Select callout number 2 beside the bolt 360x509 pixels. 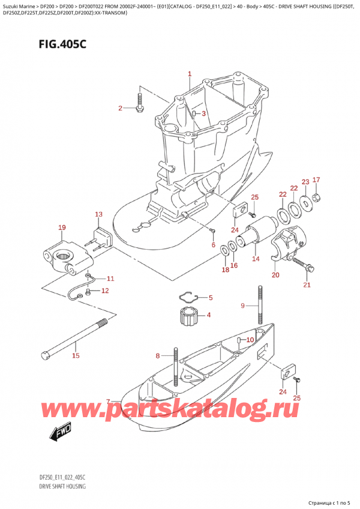pyautogui.click(x=120, y=108)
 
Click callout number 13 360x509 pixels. pyautogui.click(x=98, y=214)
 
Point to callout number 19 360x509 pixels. pyautogui.click(x=62, y=227)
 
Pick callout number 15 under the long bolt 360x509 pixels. pyautogui.click(x=76, y=356)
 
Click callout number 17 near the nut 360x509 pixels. pyautogui.click(x=317, y=179)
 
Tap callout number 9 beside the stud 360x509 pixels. pyautogui.click(x=243, y=306)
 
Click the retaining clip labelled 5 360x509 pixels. pyautogui.click(x=188, y=296)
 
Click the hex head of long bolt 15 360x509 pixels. pyautogui.click(x=45, y=354)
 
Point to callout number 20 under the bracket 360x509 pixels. pyautogui.click(x=275, y=276)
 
